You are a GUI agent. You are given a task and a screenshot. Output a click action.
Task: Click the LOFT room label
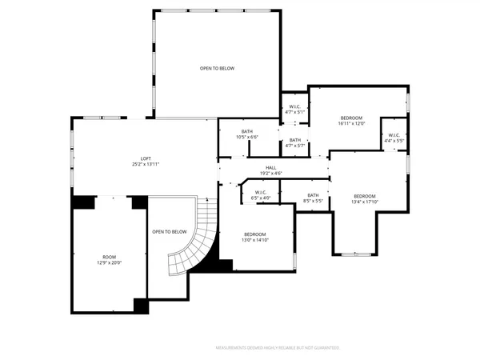coord(146,158)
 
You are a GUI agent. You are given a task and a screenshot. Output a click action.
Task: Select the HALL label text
coord(271,167)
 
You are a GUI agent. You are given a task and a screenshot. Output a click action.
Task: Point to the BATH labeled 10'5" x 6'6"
coord(247,134)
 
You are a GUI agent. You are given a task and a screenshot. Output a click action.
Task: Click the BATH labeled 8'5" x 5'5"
coord(313,198)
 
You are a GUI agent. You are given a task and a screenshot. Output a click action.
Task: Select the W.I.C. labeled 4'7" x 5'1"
coord(295,109)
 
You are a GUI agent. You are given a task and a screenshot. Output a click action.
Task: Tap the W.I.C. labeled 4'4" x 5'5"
coord(394,138)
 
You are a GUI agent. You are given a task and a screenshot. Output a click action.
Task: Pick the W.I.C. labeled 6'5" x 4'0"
coord(261,194)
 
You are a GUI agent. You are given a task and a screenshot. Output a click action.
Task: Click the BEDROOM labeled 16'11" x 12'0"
coord(351,120)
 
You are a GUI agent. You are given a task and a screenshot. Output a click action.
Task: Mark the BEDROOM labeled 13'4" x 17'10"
coord(365,198)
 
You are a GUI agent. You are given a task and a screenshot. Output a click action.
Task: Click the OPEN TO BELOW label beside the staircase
coord(169,232)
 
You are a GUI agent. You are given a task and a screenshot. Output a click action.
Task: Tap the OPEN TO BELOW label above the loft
coord(217,69)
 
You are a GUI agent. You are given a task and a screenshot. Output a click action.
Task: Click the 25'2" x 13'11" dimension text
coord(146,164)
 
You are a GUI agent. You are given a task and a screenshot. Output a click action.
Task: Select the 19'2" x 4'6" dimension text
coord(271,174)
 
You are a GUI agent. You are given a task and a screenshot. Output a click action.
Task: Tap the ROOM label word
coord(106,257)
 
